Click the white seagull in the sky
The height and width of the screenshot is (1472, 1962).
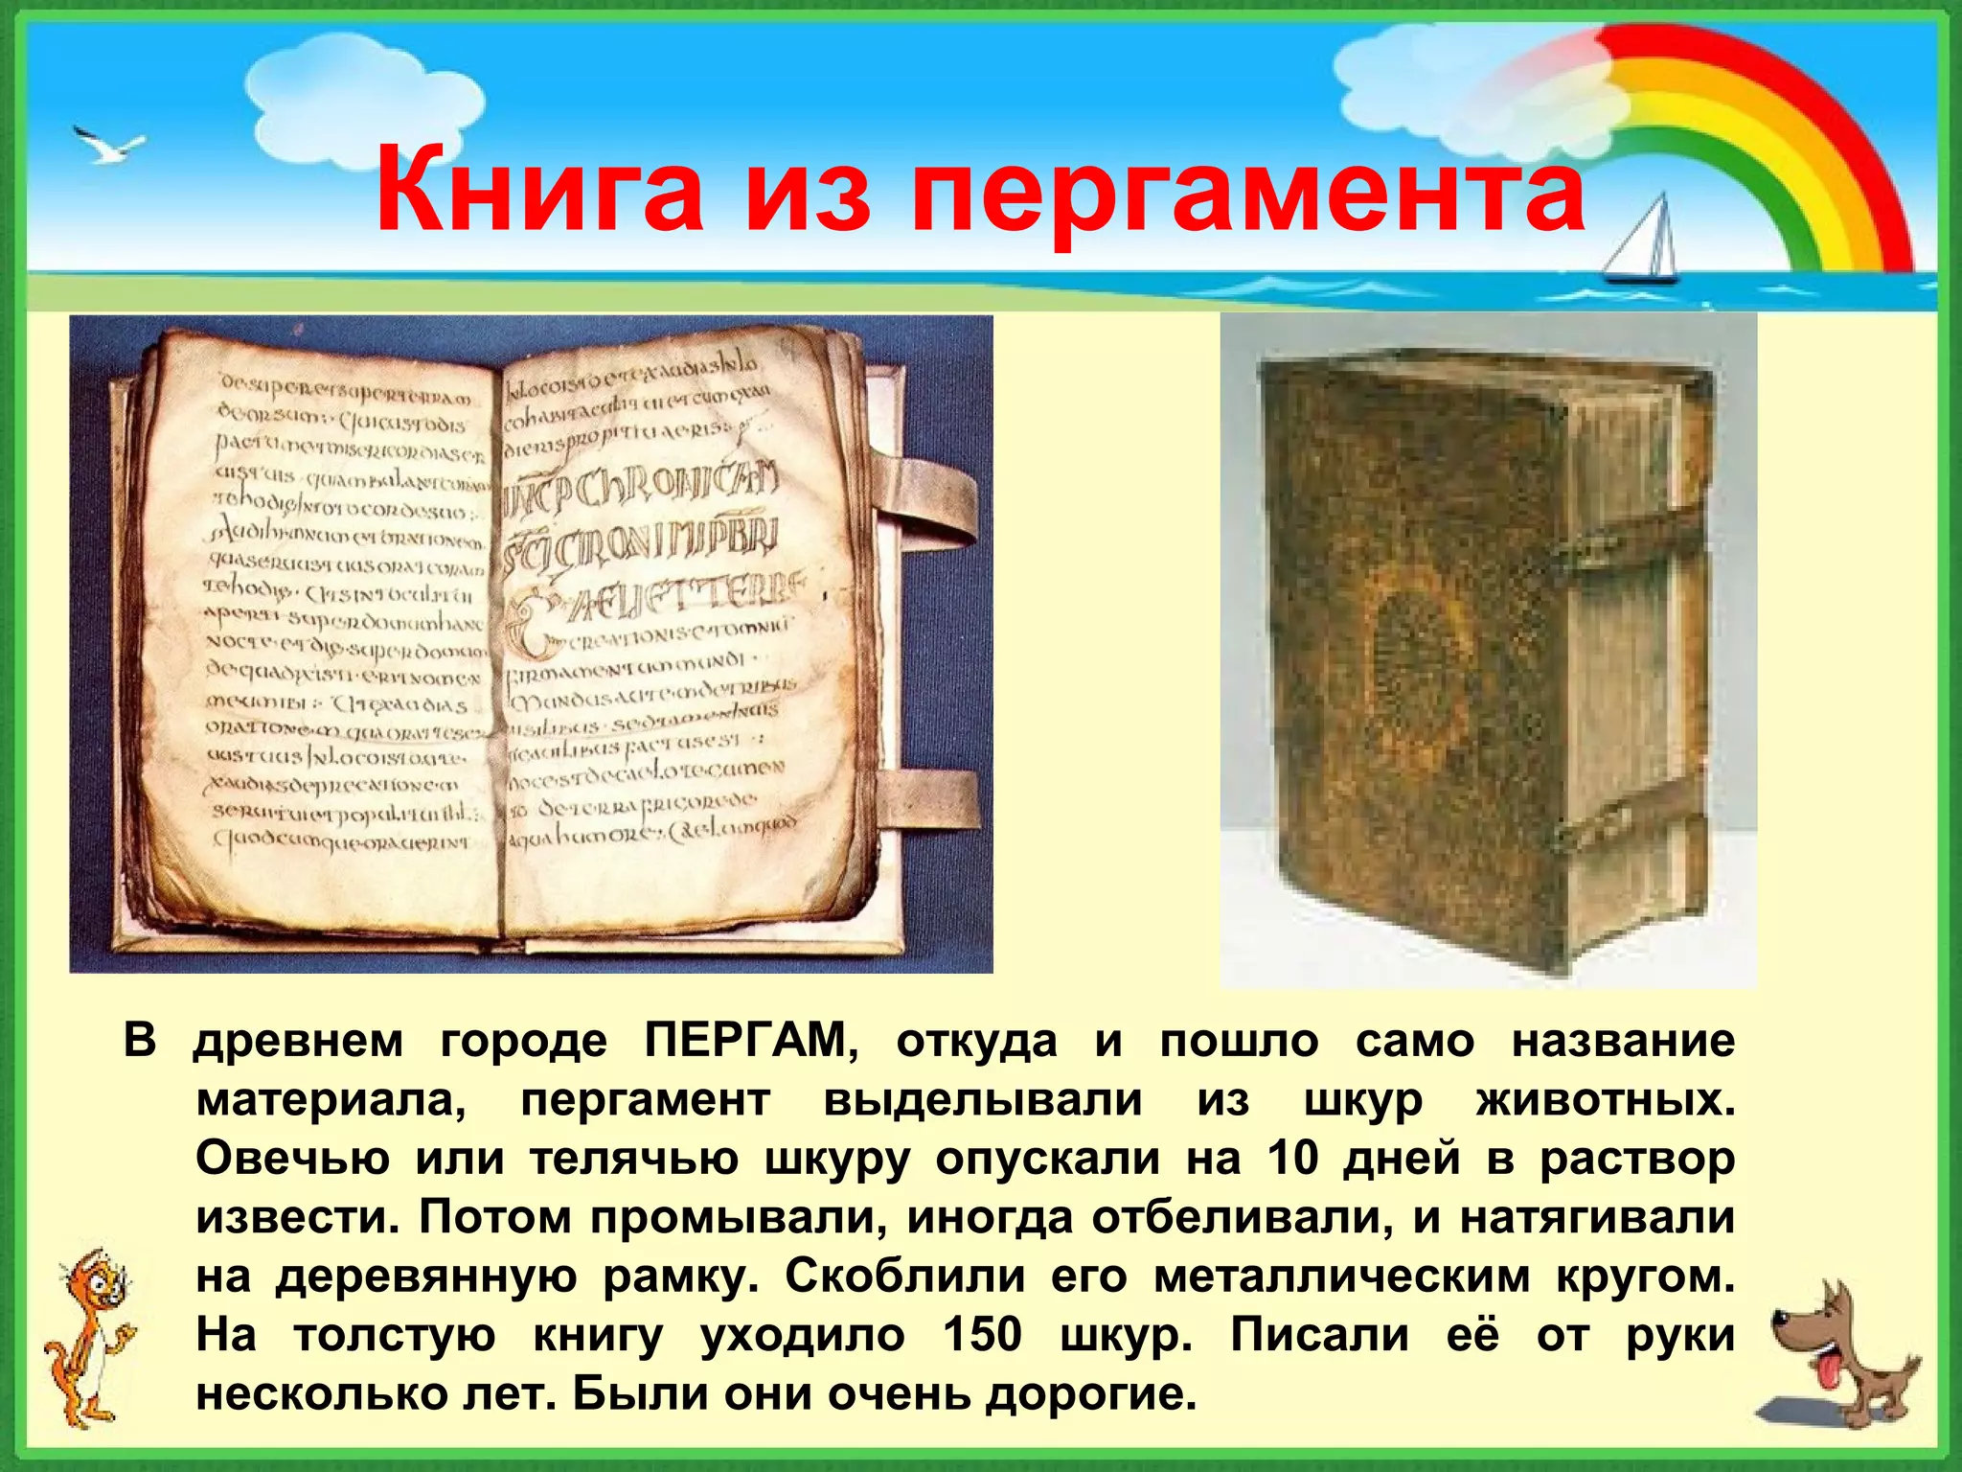point(108,146)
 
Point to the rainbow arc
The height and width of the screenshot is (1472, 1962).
point(1772,115)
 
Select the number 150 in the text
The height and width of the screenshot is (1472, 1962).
point(982,1335)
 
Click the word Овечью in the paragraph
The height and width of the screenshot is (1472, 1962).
point(292,1159)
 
